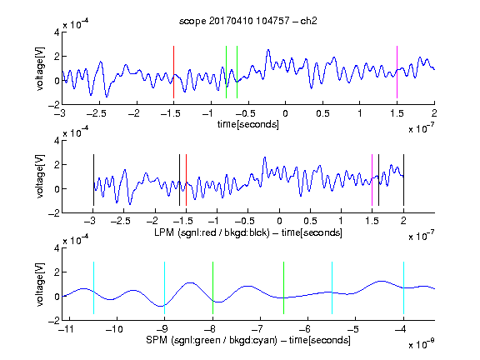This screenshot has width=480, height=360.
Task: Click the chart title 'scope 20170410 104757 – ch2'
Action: pyautogui.click(x=248, y=21)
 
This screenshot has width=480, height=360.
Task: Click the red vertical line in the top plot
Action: pyautogui.click(x=173, y=72)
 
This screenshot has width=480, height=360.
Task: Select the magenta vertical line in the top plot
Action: pyautogui.click(x=397, y=72)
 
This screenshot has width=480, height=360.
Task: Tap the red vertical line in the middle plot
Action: pyautogui.click(x=186, y=180)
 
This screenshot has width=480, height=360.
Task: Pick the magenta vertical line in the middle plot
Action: pyautogui.click(x=372, y=180)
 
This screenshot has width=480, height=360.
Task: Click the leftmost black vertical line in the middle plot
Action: pyautogui.click(x=93, y=180)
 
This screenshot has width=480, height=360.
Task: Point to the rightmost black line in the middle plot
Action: pyautogui.click(x=403, y=180)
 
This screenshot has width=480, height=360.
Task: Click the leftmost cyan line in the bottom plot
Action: pyautogui.click(x=93, y=287)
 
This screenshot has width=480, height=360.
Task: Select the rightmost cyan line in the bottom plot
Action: pyautogui.click(x=403, y=287)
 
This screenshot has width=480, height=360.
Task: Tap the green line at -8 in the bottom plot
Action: pyautogui.click(x=212, y=287)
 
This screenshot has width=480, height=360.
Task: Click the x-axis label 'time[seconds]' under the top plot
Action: pyautogui.click(x=248, y=124)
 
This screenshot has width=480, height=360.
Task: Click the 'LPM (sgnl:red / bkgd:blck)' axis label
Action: pyautogui.click(x=212, y=232)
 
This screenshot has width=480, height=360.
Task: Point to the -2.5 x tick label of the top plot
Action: pyautogui.click(x=97, y=113)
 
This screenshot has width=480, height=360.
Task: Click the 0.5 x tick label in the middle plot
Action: pyautogui.click(x=310, y=221)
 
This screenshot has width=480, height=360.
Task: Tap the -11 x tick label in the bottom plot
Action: pyautogui.click(x=66, y=329)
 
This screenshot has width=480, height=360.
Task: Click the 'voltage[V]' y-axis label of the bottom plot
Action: pyautogui.click(x=40, y=284)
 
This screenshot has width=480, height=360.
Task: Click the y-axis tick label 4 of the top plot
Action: pyautogui.click(x=57, y=32)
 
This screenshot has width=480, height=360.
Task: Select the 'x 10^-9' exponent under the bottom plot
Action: pyautogui.click(x=421, y=344)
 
